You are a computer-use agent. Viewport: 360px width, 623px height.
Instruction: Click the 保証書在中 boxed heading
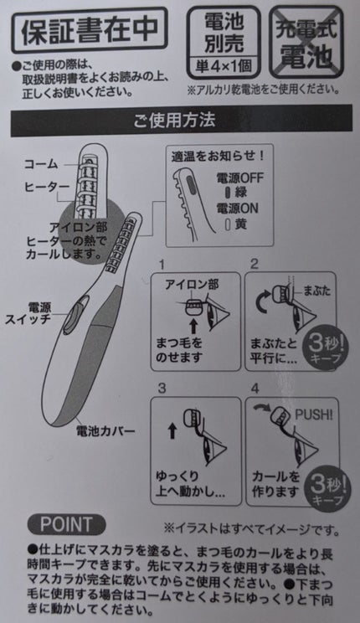[x=90, y=30]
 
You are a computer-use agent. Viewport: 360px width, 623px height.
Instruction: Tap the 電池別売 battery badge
[x=224, y=42]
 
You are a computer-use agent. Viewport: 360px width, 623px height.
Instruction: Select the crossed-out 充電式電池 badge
[x=306, y=42]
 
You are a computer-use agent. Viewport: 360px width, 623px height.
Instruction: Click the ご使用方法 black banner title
[x=174, y=121]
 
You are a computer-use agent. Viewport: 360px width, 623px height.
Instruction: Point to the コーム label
[x=41, y=164]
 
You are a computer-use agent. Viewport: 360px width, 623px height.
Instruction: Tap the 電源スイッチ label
[x=28, y=313]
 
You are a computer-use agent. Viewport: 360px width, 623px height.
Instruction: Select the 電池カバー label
[x=105, y=430]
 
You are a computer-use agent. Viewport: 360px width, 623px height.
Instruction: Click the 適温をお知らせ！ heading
[x=219, y=156]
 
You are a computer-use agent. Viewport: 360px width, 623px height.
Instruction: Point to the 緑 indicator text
[x=241, y=193]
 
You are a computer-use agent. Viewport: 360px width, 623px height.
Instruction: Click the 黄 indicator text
[x=240, y=224]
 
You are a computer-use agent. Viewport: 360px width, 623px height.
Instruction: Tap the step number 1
[x=162, y=265]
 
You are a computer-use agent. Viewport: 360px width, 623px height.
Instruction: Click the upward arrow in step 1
[x=193, y=326]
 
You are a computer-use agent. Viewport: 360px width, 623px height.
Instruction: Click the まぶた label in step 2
[x=316, y=291]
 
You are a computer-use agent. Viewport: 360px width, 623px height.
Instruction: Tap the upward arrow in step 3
[x=172, y=431]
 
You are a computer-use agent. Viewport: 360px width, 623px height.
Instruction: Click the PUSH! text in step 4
[x=314, y=415]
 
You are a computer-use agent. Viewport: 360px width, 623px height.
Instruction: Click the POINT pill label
[x=66, y=524]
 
